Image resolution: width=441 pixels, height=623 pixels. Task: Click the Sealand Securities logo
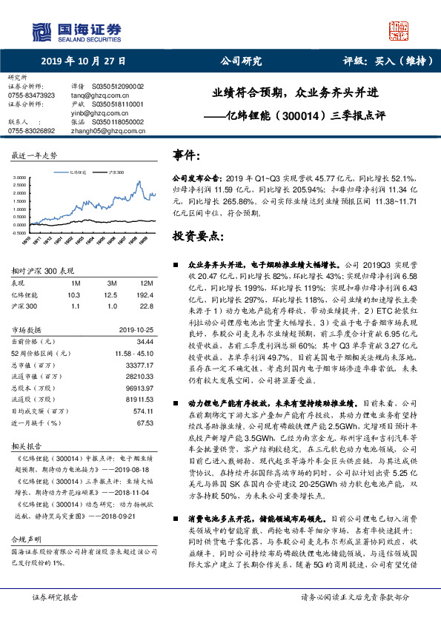click(74, 30)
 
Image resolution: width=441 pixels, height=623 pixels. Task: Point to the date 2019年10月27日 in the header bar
click(83, 61)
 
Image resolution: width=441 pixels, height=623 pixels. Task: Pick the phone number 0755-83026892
click(31, 129)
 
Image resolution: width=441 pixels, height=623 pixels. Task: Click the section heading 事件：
click(188, 158)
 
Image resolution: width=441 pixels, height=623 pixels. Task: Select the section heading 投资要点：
click(198, 236)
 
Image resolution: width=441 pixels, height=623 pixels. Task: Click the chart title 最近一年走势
click(34, 156)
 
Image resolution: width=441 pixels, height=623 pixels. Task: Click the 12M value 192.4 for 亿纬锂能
click(145, 294)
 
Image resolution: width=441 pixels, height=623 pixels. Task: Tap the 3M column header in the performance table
click(113, 283)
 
